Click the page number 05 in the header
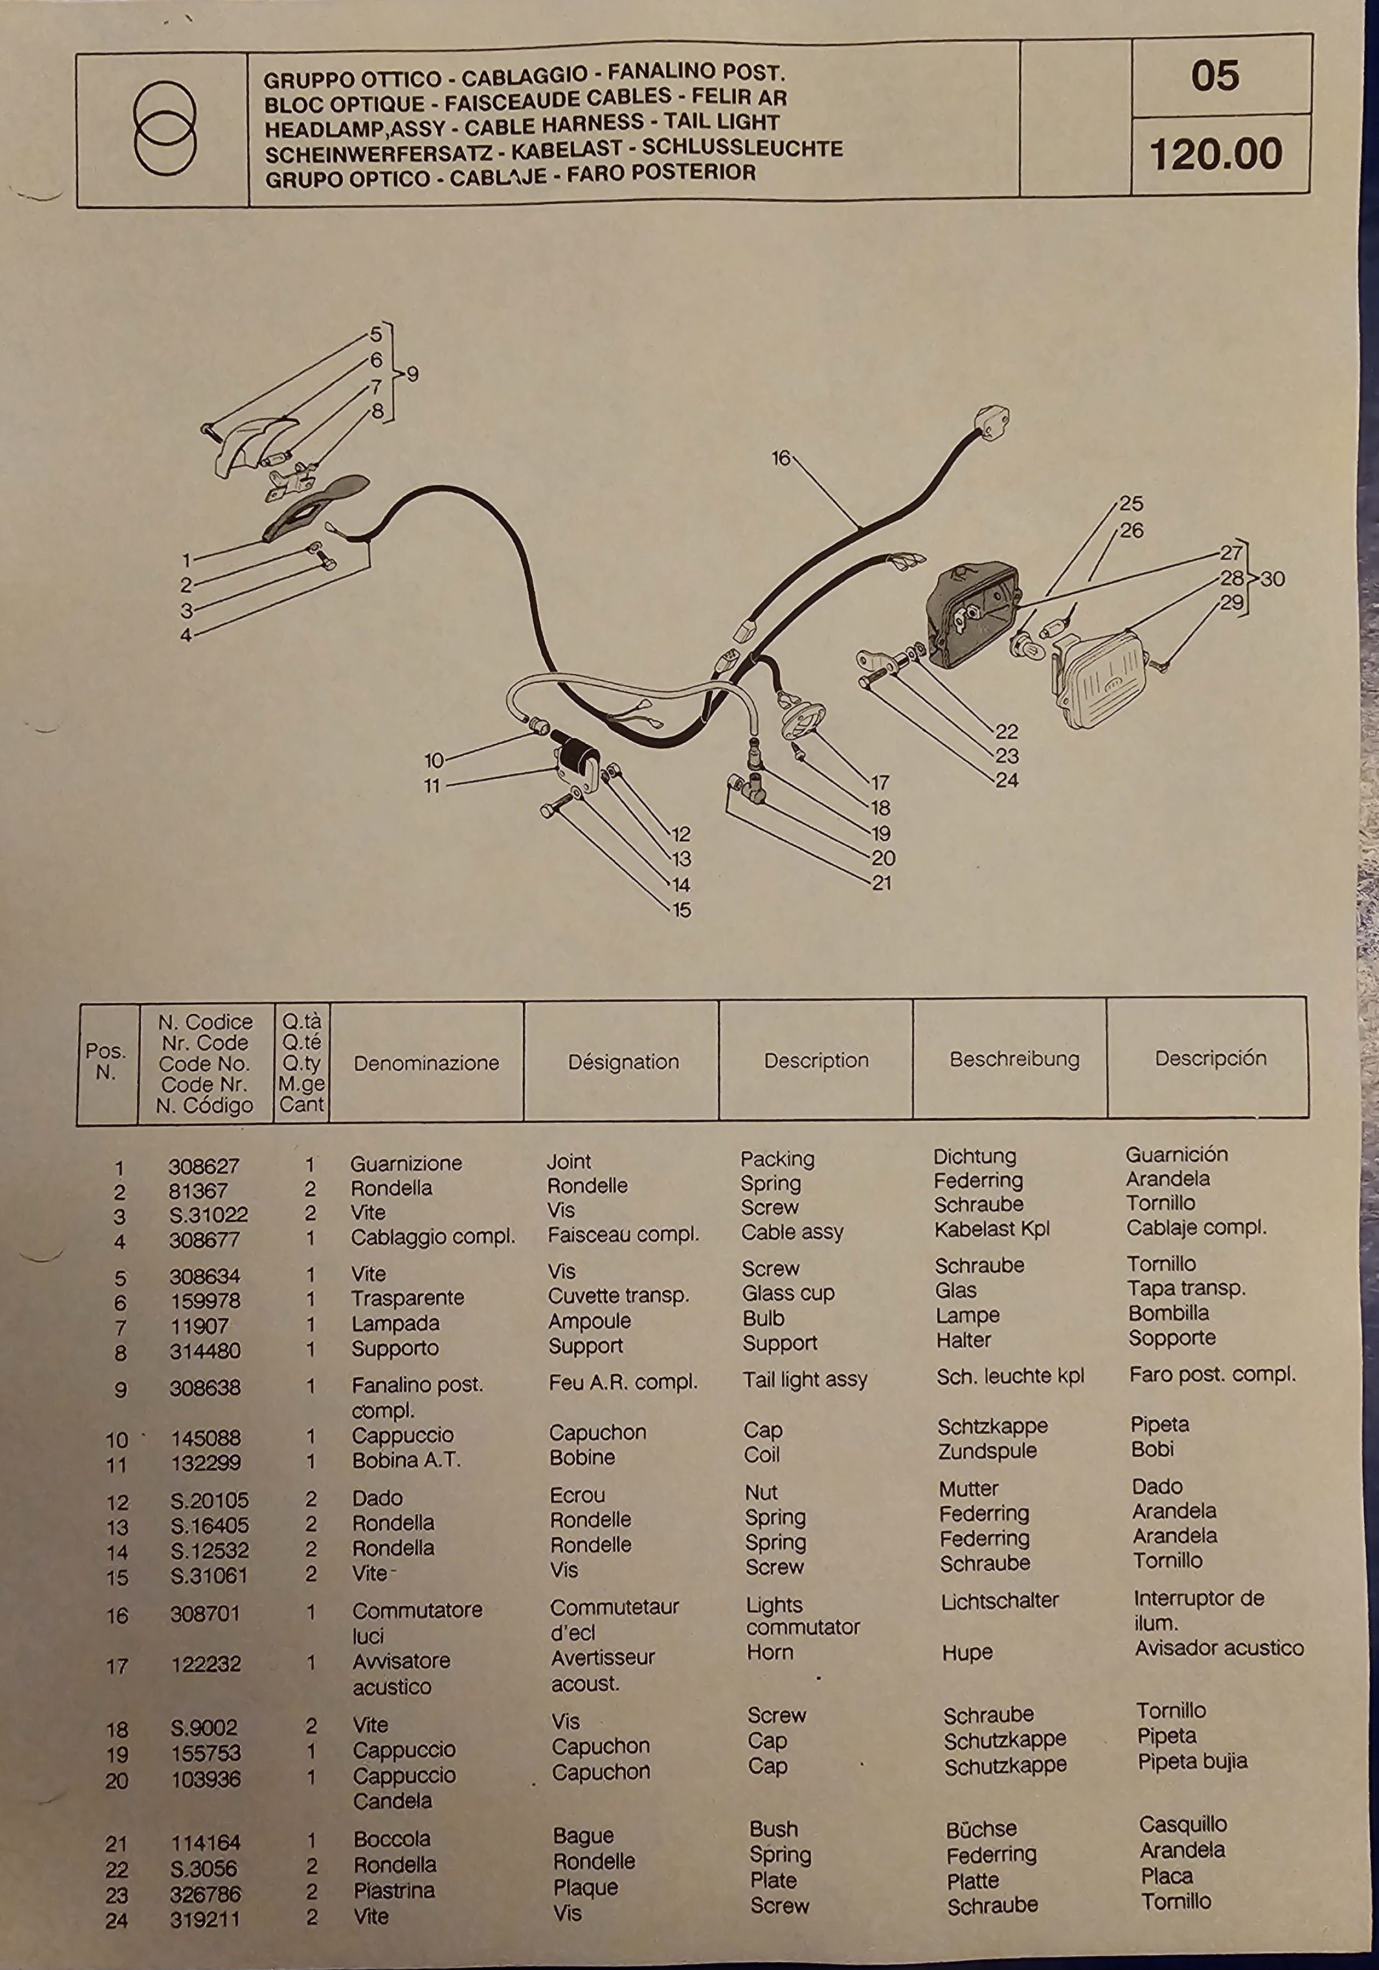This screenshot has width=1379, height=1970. pyautogui.click(x=1214, y=76)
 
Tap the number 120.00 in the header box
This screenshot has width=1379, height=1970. pyautogui.click(x=1215, y=154)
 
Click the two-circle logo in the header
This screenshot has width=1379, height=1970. pyautogui.click(x=165, y=128)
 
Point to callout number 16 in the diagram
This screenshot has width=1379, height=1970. pyautogui.click(x=781, y=458)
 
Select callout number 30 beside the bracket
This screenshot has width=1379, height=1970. pyautogui.click(x=1273, y=578)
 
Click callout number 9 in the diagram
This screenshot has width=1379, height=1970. pyautogui.click(x=413, y=374)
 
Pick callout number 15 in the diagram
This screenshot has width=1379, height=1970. pyautogui.click(x=681, y=910)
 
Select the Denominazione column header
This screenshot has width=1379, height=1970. pyautogui.click(x=426, y=1062)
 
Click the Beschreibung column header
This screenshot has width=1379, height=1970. pyautogui.click(x=1014, y=1059)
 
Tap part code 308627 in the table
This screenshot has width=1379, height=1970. pyautogui.click(x=204, y=1166)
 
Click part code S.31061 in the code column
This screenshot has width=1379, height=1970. pyautogui.click(x=209, y=1575)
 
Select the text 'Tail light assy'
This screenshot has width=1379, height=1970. pyautogui.click(x=804, y=1379)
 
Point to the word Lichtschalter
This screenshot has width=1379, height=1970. pyautogui.click(x=999, y=1600)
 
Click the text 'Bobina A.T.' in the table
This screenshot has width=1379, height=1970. pyautogui.click(x=407, y=1460)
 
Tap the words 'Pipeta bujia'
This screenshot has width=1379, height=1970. pyautogui.click(x=1192, y=1761)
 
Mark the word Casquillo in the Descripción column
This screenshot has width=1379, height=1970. pyautogui.click(x=1182, y=1823)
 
